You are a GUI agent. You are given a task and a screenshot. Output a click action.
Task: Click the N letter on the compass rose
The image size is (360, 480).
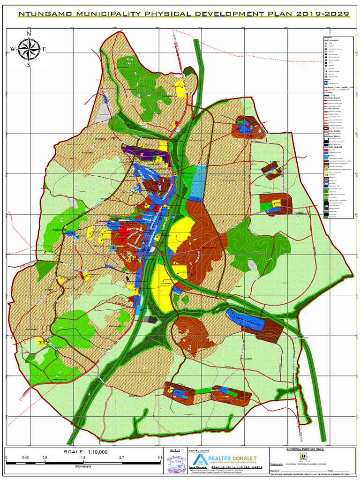point(29,34)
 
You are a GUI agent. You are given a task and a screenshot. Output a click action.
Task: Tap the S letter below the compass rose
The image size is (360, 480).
point(29,65)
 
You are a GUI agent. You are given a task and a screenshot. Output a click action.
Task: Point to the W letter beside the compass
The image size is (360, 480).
point(13,49)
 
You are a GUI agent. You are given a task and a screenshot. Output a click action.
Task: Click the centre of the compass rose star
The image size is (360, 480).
point(29,49)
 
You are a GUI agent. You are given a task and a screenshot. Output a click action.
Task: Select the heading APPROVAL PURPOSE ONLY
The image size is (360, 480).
point(305,449)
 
